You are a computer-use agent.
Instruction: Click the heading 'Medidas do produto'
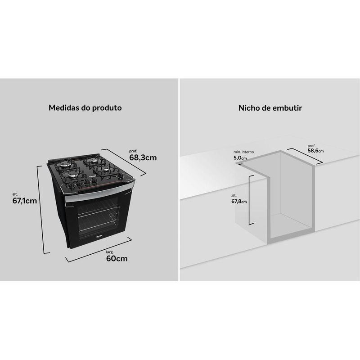(x=85, y=108)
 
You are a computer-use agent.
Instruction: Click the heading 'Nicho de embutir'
(x=270, y=108)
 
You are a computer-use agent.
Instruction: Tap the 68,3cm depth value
(x=143, y=158)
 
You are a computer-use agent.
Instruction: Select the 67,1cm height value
(x=25, y=201)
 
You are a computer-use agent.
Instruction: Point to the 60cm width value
(x=117, y=258)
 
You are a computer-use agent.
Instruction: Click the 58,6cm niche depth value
(x=316, y=151)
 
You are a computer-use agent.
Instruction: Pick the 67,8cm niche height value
(x=239, y=201)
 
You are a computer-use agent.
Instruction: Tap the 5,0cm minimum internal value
(x=240, y=158)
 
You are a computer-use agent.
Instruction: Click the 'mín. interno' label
(x=243, y=152)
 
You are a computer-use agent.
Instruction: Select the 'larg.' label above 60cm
(x=110, y=252)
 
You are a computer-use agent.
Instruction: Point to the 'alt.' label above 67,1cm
(x=15, y=194)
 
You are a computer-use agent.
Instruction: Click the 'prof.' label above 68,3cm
(x=133, y=151)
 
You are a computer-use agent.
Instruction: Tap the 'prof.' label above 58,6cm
(x=311, y=146)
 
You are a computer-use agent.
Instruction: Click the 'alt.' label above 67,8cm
(x=234, y=196)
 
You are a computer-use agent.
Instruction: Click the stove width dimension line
(x=99, y=250)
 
